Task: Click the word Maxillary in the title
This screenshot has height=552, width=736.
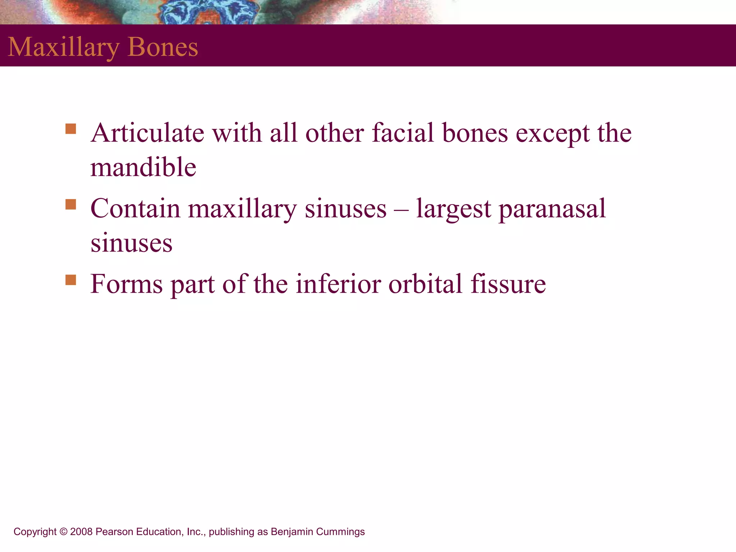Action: coord(63,47)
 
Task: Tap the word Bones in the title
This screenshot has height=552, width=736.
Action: coord(162,47)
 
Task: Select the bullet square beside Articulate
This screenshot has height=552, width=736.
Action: coord(71,129)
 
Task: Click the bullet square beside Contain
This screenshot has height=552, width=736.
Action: coord(71,204)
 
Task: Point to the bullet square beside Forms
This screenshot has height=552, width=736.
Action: coord(71,280)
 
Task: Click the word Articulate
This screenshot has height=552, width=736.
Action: coord(147,133)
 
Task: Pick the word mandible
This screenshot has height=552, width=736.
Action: coord(143,167)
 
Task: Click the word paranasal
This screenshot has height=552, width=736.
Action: coord(552,209)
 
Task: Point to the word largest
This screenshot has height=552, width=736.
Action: coord(454,209)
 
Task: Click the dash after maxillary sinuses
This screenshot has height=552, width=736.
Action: coord(401,209)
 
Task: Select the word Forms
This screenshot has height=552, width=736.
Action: coord(126,284)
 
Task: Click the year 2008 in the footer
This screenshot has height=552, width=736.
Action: coord(81,532)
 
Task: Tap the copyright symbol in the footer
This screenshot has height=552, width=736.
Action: coord(64,532)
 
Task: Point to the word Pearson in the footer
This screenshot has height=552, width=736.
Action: coord(112,532)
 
